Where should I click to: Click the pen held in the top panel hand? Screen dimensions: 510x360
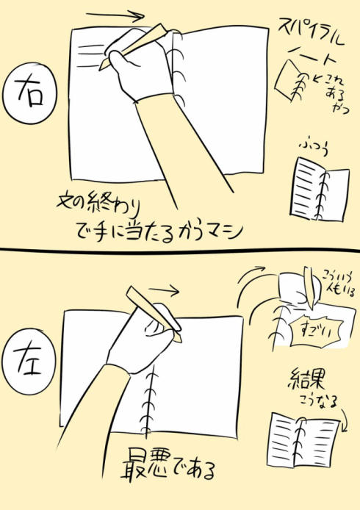point(135,46)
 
